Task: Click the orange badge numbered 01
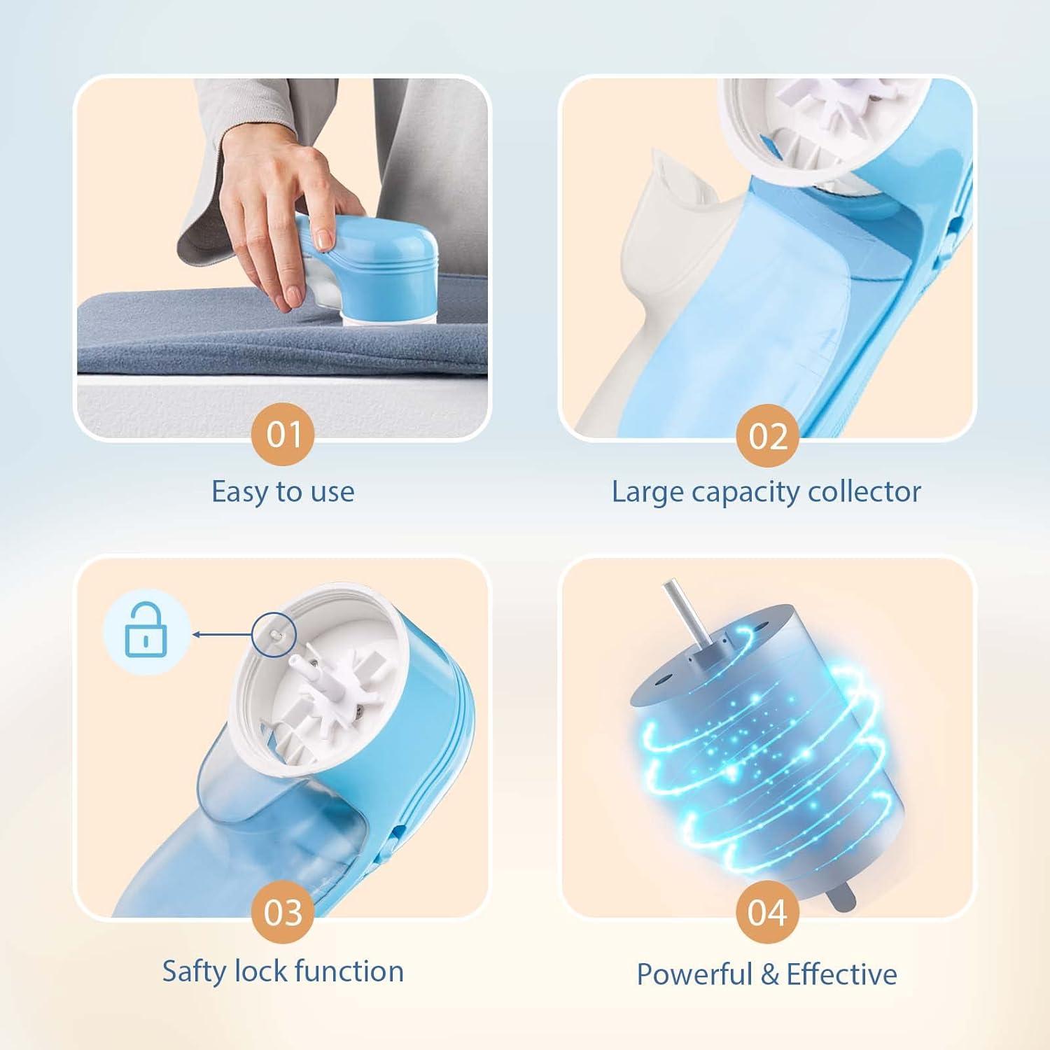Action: coord(283,435)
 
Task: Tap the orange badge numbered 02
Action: coord(767,436)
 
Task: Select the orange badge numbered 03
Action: coord(283,913)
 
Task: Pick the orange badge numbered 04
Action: coord(767,913)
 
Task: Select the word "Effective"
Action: coord(841,974)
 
